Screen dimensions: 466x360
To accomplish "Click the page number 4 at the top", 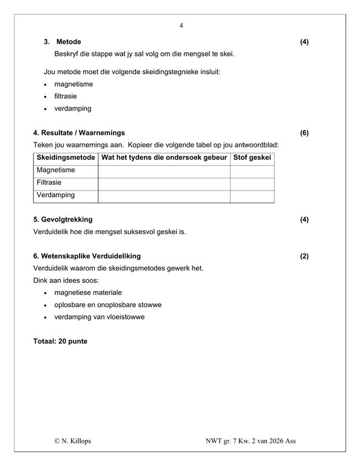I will coord(181,25).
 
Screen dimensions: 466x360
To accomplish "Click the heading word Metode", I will coord(69,42).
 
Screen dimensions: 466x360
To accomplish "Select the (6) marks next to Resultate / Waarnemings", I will coord(304,133).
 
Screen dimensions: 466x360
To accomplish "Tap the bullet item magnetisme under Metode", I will coord(73,84).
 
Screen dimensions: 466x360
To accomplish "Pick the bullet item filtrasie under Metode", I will coord(66,96).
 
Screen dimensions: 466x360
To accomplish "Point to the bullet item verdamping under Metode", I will coord(72,109).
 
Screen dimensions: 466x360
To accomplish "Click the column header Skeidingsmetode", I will coord(66,158).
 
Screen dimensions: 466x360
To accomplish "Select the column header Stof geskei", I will coord(252,158).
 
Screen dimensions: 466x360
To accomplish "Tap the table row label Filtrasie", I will coord(49,183).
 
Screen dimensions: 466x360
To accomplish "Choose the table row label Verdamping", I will coord(55,195).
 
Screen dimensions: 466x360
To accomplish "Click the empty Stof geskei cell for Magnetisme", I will coord(252,171).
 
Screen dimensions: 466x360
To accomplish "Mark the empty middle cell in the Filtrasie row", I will coord(164,183).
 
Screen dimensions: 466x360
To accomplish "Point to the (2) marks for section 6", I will coord(304,256).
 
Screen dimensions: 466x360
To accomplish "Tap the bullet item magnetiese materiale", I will coord(87,292).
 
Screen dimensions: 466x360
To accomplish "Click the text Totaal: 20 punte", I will coord(60,341).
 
